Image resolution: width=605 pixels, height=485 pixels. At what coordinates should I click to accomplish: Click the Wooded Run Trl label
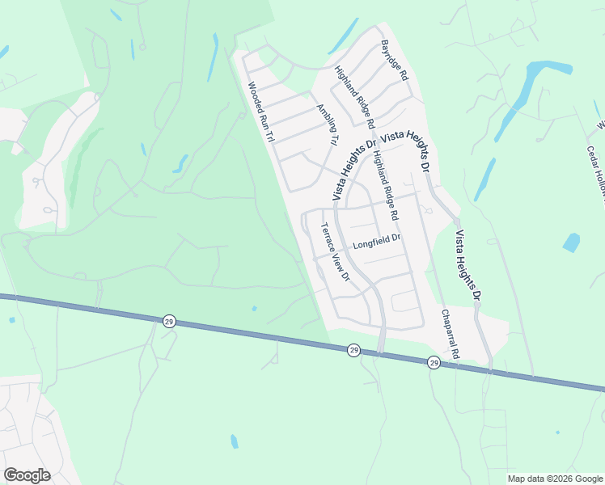[261, 112]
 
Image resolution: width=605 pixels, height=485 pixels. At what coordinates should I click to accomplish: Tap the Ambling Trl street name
[327, 125]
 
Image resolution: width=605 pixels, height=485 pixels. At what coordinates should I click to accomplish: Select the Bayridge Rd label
[395, 59]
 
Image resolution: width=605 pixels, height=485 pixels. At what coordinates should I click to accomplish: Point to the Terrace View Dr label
[334, 252]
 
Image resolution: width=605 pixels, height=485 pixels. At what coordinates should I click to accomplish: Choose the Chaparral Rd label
[450, 333]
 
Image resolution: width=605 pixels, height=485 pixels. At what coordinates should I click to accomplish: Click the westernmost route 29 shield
[168, 320]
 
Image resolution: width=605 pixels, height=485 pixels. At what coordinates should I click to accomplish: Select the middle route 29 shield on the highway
[353, 350]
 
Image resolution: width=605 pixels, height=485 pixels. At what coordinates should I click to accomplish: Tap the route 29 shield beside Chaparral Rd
[434, 363]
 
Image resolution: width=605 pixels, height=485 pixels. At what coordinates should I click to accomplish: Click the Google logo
[27, 475]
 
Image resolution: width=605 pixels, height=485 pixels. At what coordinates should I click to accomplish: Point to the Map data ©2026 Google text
[556, 479]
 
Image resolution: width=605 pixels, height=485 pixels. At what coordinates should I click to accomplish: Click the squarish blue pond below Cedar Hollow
[572, 242]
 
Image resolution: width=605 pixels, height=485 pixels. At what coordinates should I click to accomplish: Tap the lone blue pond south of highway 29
[235, 441]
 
